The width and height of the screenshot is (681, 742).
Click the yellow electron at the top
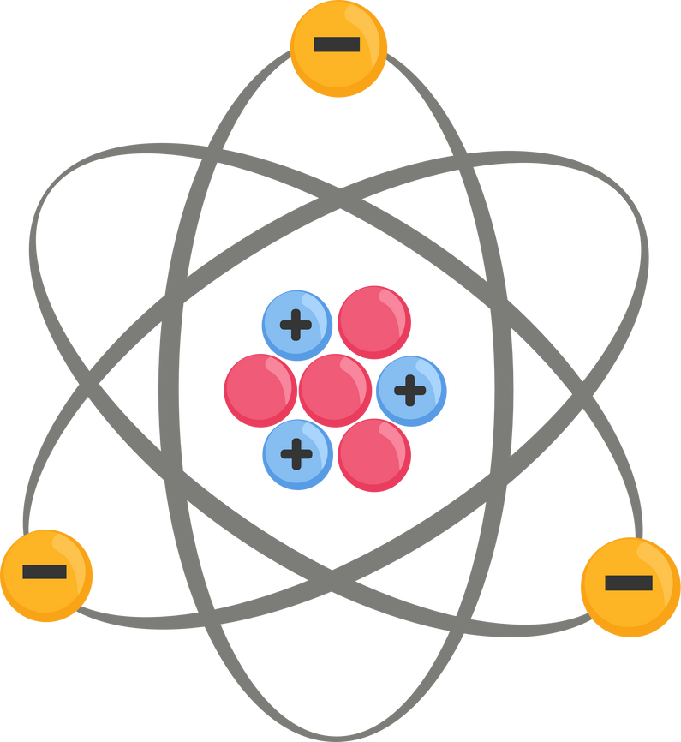tap(338, 49)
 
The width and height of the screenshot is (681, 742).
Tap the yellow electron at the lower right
tap(630, 586)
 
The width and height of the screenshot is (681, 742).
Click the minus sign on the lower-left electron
tap(45, 571)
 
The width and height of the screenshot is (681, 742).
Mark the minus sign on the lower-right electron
tap(629, 583)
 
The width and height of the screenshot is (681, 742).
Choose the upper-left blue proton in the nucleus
tap(297, 326)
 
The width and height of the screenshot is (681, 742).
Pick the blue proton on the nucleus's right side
tap(411, 391)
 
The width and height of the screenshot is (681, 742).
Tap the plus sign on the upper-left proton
tap(296, 326)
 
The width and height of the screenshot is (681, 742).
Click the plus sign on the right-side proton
tap(410, 391)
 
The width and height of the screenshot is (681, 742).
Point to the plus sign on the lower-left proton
tap(296, 453)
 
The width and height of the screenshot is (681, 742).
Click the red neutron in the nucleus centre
tap(336, 390)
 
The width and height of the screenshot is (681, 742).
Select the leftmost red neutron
tap(260, 390)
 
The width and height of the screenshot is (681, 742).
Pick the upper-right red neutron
tap(374, 323)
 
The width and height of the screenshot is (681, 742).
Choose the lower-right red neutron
tap(374, 455)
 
